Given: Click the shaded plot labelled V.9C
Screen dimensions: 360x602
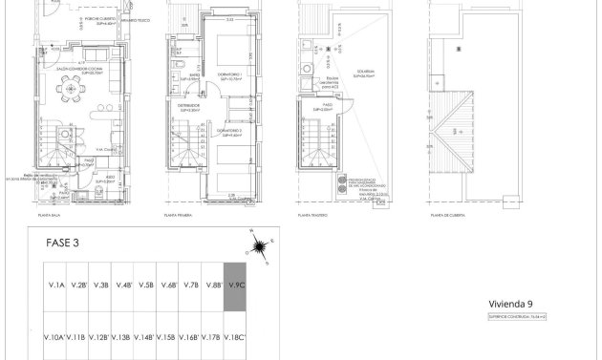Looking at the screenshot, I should tap(235, 286).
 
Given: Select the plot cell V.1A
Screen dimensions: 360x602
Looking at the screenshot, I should tap(55, 286).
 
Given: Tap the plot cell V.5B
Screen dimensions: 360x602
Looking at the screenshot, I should tap(146, 286).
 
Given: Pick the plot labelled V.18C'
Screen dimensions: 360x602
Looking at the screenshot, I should tap(235, 337).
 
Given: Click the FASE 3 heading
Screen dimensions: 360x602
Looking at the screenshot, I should tap(63, 243).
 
